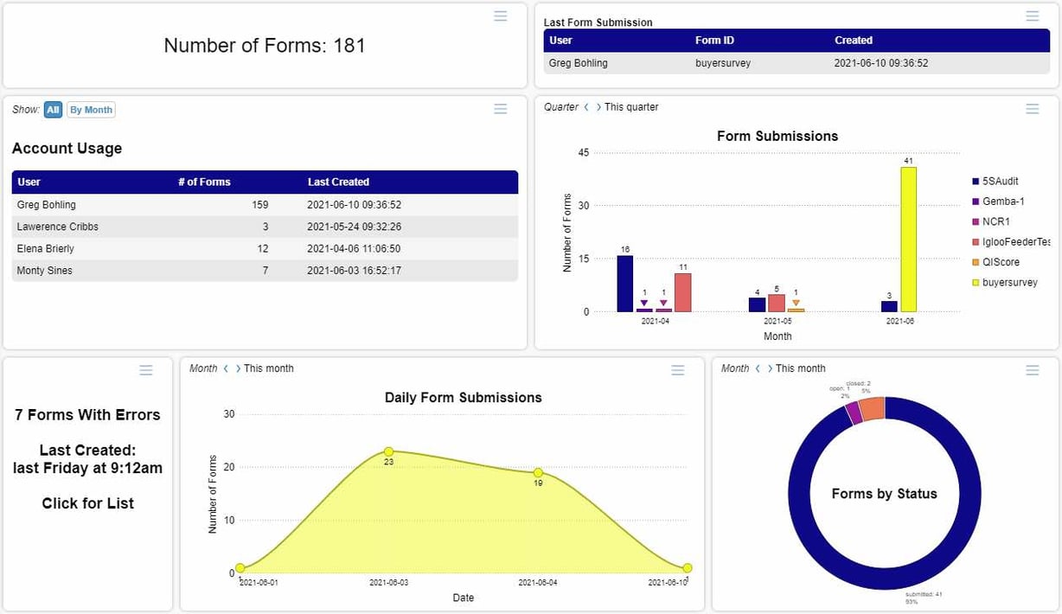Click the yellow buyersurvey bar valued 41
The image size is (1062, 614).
coord(908,240)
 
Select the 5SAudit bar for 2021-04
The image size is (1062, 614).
coord(624,284)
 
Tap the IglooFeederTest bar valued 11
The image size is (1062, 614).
coord(683,292)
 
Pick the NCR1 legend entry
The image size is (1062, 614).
coord(995,221)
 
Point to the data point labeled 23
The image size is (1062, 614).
coord(388,451)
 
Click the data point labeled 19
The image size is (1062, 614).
coord(538,473)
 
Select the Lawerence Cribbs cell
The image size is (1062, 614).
coord(58,227)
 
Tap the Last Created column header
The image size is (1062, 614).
coord(338,182)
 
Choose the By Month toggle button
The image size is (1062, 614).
coord(91,110)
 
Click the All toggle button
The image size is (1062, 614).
coord(53,110)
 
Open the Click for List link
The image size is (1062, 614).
coord(88,503)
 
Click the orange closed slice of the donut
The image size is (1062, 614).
coord(872,408)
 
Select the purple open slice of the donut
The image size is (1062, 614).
coord(854,413)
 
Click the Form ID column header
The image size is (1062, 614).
coord(714,41)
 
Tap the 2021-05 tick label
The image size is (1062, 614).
coord(777,321)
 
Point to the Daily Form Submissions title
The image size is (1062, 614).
coord(463,398)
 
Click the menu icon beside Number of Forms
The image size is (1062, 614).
coord(500,16)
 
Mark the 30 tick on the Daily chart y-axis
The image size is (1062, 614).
coord(228,414)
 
